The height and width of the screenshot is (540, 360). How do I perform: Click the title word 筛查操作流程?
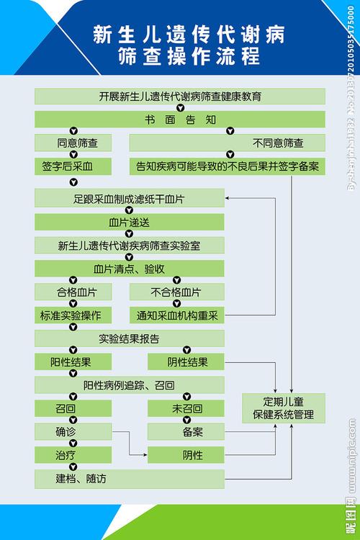[x=180, y=56]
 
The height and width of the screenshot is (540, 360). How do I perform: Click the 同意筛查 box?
[x=73, y=143]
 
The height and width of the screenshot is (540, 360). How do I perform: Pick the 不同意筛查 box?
[x=227, y=143]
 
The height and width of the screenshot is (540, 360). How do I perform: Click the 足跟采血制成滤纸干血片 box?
[x=130, y=199]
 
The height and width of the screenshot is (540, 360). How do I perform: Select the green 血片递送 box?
[x=130, y=222]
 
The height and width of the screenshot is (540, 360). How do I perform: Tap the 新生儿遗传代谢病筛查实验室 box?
[x=130, y=246]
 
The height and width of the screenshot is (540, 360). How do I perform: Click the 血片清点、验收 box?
[x=130, y=269]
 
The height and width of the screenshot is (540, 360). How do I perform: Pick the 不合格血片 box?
[x=176, y=292]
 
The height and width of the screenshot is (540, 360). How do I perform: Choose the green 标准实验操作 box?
[x=73, y=315]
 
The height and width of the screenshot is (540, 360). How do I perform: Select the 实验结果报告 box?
[x=130, y=338]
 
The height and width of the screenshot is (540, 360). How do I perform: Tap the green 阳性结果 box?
[x=73, y=361]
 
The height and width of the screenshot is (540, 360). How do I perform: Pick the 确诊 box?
[x=73, y=432]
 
